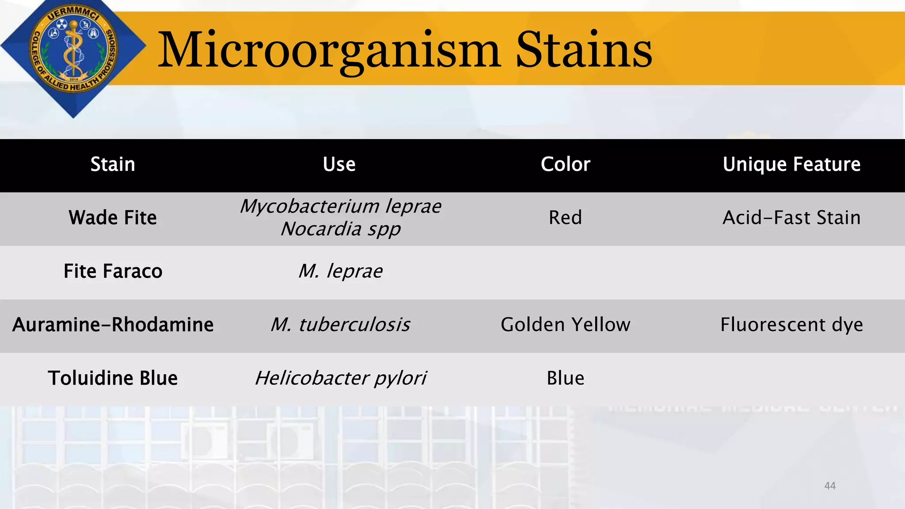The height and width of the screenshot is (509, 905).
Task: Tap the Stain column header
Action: (x=113, y=164)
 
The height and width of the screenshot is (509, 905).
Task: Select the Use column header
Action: (x=339, y=164)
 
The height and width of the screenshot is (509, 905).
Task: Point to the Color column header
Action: (x=565, y=164)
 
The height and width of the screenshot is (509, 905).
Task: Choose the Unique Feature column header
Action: (x=791, y=164)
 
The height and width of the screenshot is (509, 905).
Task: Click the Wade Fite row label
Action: (x=113, y=218)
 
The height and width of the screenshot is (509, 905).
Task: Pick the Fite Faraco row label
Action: (x=113, y=271)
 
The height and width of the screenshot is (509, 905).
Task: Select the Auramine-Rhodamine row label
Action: (x=113, y=325)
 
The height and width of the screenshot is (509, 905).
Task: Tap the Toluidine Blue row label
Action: (x=113, y=378)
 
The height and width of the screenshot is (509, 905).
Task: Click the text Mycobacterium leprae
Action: (x=340, y=206)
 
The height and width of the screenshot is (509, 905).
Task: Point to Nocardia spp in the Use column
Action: (x=340, y=229)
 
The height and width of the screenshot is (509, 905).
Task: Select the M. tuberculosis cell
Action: (x=340, y=325)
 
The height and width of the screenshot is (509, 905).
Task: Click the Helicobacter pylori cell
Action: (x=340, y=378)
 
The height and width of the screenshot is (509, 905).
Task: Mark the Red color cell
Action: (x=565, y=218)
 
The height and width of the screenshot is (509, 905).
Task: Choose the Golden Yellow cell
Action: (x=565, y=325)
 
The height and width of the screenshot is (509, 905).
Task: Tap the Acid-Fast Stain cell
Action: (x=791, y=218)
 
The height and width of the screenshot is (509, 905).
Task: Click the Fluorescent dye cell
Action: (x=791, y=325)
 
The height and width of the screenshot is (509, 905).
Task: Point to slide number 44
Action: (x=830, y=486)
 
